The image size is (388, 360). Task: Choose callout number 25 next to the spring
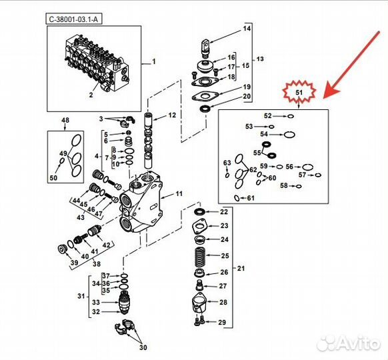pyautogui.click(x=225, y=255)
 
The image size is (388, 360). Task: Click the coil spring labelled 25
pyautogui.click(x=200, y=255)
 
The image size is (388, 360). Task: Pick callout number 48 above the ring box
pyautogui.click(x=65, y=121)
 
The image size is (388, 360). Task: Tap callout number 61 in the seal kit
pyautogui.click(x=251, y=198)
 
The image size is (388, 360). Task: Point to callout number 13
pyautogui.click(x=260, y=59)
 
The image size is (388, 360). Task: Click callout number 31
pyautogui.click(x=81, y=296)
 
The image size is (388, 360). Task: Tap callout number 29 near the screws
pyautogui.click(x=222, y=323)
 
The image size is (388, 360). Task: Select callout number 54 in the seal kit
pyautogui.click(x=263, y=134)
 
